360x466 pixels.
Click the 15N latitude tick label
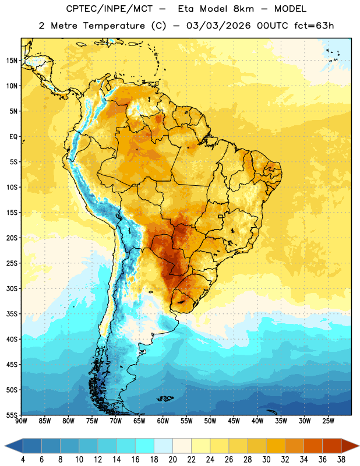(x=12, y=61)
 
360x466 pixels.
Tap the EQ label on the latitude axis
(x=13, y=137)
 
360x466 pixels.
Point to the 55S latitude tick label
(x=12, y=415)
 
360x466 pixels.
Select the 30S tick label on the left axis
(x=12, y=288)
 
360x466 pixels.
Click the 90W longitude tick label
(x=21, y=421)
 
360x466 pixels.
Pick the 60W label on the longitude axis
(x=163, y=421)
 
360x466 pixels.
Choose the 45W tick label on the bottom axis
(x=234, y=421)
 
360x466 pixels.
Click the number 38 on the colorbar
(x=341, y=460)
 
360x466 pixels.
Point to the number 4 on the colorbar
(x=23, y=460)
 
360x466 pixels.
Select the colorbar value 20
(x=172, y=460)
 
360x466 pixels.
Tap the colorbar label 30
(x=266, y=460)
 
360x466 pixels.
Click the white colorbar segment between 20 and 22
(x=182, y=446)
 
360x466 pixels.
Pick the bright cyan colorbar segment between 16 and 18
(x=144, y=446)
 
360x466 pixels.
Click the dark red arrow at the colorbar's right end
(x=350, y=446)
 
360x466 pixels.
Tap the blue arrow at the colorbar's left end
(x=13, y=446)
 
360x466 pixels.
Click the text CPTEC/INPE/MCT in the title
(x=109, y=9)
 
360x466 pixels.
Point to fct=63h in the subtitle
(x=314, y=26)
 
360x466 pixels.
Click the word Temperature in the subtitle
(x=114, y=26)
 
